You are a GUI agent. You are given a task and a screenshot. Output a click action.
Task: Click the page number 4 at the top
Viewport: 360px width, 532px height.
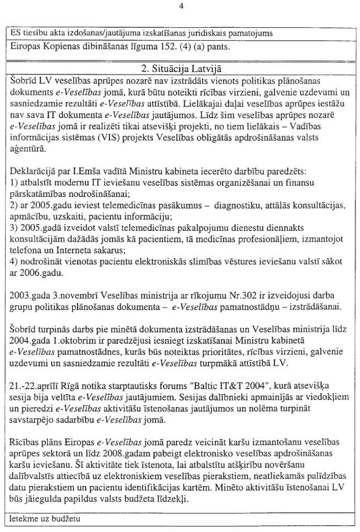click(180, 6)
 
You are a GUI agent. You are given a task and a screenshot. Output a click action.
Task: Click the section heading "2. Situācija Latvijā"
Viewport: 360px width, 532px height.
click(180, 69)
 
